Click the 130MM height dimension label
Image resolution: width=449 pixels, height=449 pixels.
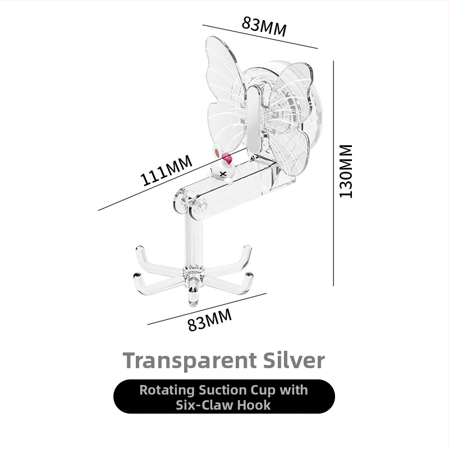pos(346,171)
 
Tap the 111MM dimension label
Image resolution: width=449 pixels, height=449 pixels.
pos(166,170)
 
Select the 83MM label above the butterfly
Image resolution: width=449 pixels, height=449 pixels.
pos(264,26)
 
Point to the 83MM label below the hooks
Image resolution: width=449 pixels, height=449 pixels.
pos(209,320)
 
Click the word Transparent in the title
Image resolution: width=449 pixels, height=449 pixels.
pos(190,360)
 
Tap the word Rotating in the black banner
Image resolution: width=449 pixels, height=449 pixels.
pos(167,391)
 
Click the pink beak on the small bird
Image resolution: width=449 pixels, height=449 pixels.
pos(226,157)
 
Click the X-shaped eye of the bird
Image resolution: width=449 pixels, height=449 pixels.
pos(223,173)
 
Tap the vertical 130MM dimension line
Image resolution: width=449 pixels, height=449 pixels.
pos(333,173)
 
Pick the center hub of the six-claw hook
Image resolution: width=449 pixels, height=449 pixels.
pos(194,273)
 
